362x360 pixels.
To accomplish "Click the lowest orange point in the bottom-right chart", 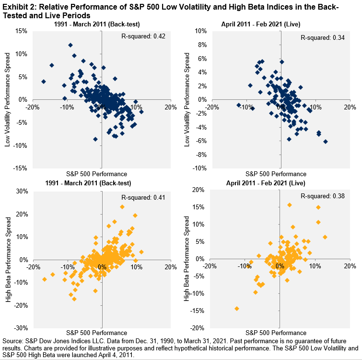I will coord(237,309).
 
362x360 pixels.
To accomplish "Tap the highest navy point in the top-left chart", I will coord(70,45).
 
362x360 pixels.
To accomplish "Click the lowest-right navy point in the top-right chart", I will coord(326,142).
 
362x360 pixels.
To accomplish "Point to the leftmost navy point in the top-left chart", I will coord(44,82).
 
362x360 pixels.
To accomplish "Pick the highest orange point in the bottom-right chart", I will coord(290,205).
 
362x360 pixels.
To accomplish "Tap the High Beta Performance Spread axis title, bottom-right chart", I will coord(187,258).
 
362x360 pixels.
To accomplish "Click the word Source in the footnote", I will coord(12,339).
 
